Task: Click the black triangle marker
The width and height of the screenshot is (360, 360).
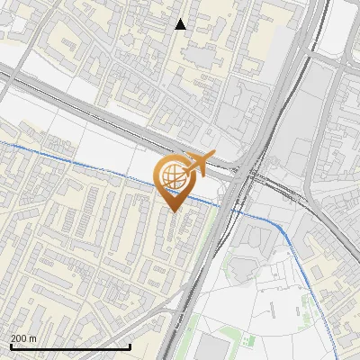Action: (x=181, y=24)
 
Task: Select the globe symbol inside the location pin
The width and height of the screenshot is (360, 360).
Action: (x=171, y=176)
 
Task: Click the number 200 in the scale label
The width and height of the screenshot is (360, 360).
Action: (x=19, y=338)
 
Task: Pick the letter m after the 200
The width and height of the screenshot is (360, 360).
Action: (x=32, y=338)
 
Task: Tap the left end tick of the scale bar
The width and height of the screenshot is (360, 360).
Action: (x=10, y=346)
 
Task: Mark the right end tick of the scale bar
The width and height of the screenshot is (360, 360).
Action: (x=130, y=346)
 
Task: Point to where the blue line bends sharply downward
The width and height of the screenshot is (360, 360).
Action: (x=286, y=234)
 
